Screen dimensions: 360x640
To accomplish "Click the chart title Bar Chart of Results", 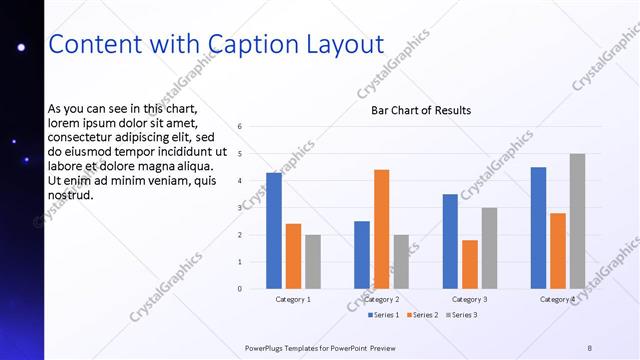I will tap(414, 110).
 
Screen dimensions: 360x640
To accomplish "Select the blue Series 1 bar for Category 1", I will tap(274, 230).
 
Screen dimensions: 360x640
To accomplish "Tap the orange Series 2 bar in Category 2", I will tap(382, 229).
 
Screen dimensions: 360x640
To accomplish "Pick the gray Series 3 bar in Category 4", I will tap(578, 221).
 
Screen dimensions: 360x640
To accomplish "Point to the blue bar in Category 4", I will tap(538, 227).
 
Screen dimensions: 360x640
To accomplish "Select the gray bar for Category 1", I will tap(313, 261).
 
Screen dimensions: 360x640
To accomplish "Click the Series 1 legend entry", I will tap(383, 315).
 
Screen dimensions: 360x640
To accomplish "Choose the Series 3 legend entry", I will tap(461, 315).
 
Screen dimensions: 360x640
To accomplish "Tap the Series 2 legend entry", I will tap(422, 315).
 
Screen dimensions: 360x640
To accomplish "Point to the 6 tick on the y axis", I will tap(240, 127).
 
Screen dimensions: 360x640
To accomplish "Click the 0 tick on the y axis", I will tap(240, 289).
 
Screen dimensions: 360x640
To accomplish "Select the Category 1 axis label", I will tap(293, 299).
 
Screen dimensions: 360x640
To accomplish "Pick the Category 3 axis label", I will tap(470, 299).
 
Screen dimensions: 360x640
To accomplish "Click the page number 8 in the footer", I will tap(589, 347).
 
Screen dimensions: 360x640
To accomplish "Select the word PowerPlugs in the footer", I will tap(268, 347).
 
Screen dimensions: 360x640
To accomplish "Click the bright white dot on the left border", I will tap(20, 48).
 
